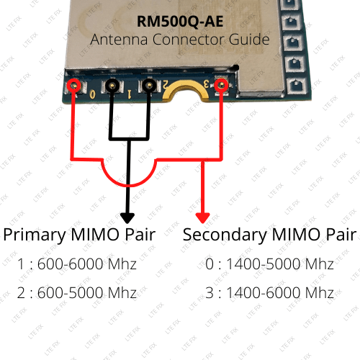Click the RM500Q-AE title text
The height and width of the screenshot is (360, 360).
point(179,22)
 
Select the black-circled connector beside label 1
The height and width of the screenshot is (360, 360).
point(112,87)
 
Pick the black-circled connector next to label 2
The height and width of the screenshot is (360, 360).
point(148,87)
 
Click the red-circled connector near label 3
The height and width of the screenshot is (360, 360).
point(222,86)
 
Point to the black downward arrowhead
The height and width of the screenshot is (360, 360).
point(127,217)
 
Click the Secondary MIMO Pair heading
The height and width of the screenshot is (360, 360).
point(269,235)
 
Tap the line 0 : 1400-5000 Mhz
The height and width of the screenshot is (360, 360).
point(269,264)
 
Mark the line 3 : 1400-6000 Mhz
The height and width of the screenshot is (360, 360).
point(269,293)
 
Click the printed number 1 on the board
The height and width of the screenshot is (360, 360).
point(128,93)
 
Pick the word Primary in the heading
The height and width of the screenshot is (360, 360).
point(33,235)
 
